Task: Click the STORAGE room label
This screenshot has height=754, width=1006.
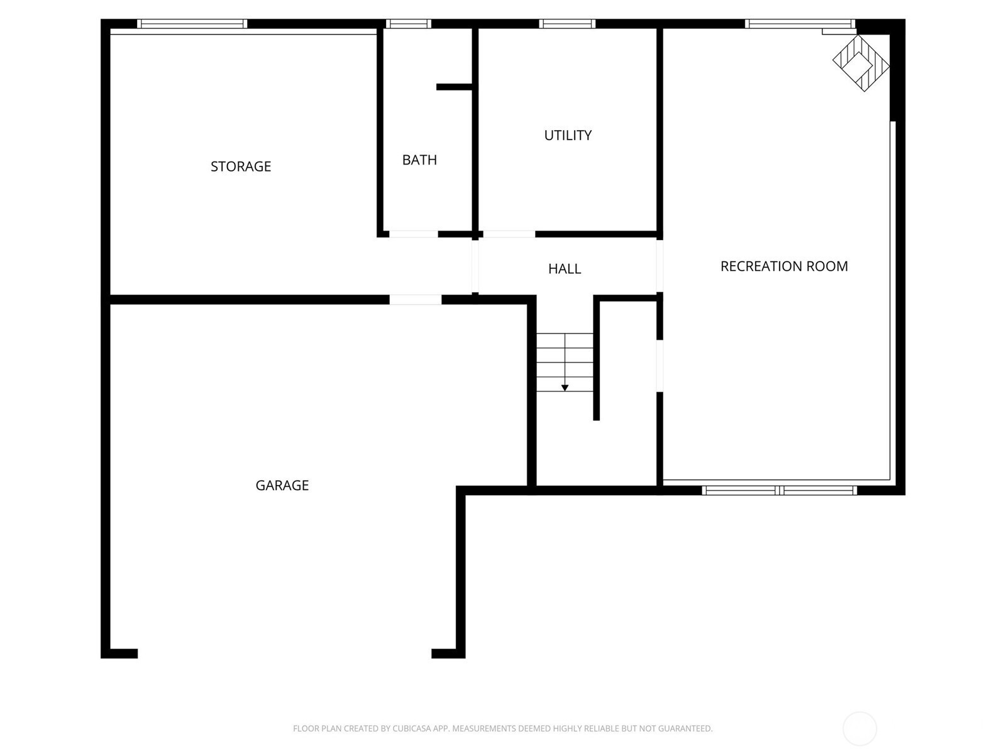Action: (x=241, y=166)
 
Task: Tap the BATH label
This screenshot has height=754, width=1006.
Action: (x=419, y=160)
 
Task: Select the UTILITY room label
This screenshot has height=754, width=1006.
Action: (x=568, y=135)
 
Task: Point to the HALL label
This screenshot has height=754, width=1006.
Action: (x=565, y=268)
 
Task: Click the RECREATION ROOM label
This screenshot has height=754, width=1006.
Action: (x=784, y=266)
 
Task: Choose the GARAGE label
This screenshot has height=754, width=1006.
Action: (x=282, y=485)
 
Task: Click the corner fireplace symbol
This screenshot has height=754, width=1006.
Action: (x=861, y=63)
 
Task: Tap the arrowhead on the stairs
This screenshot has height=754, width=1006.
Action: (x=565, y=388)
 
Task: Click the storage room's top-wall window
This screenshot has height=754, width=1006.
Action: (x=192, y=24)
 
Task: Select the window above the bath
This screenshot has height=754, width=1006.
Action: (x=408, y=24)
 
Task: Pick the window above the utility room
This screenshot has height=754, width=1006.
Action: (x=567, y=24)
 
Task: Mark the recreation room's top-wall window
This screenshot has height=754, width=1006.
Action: (x=800, y=24)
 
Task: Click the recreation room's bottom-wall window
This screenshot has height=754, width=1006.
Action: (x=779, y=490)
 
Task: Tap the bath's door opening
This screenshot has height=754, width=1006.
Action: (x=413, y=234)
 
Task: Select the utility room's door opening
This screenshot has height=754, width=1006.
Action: (x=509, y=234)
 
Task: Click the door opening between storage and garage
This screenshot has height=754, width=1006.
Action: (x=415, y=300)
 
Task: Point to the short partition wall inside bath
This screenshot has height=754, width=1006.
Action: (x=454, y=87)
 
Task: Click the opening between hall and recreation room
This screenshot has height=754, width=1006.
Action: (x=660, y=266)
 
